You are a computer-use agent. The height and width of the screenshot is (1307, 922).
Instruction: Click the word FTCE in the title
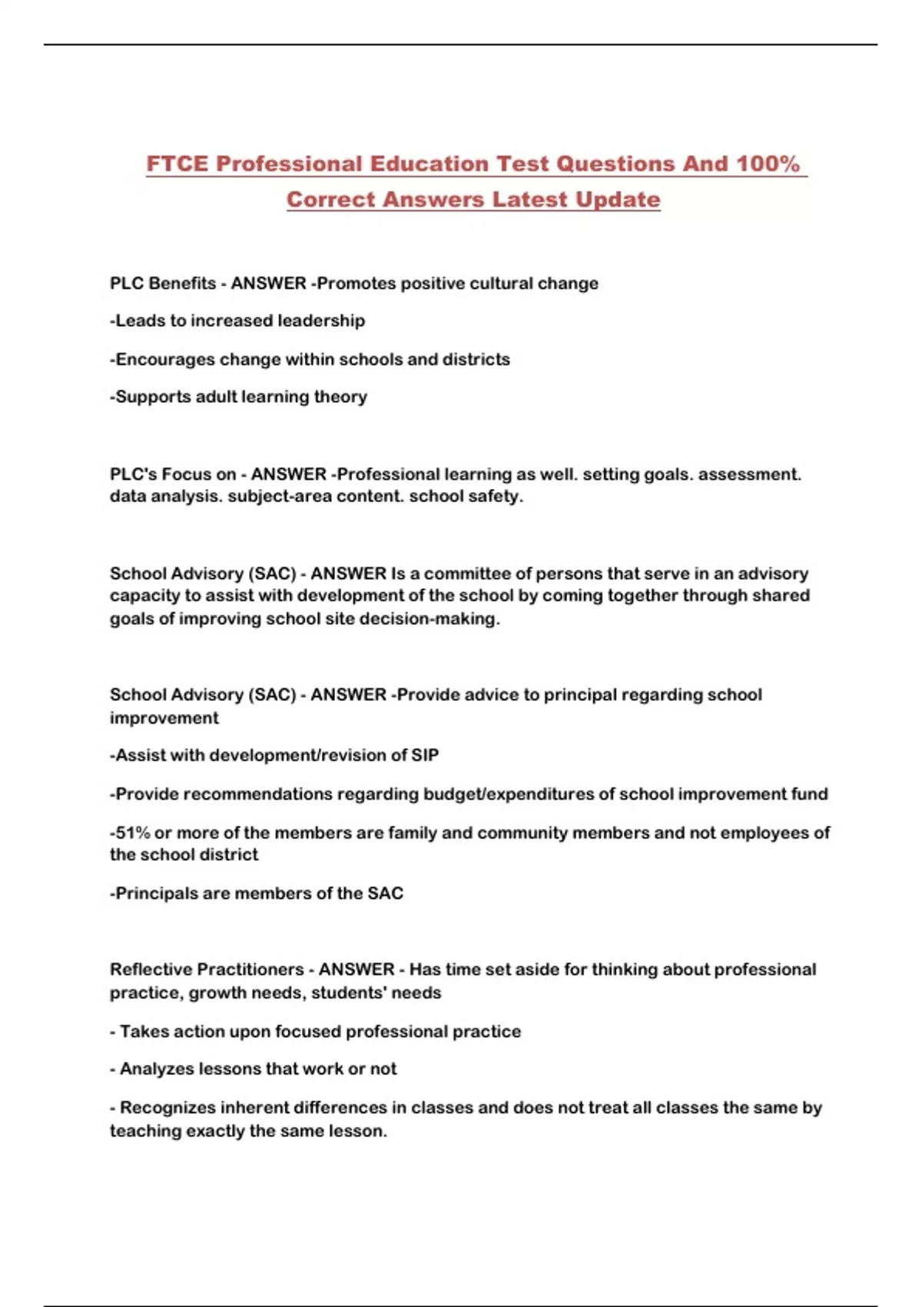coord(177,164)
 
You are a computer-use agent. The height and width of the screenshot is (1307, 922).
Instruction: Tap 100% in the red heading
coord(768,164)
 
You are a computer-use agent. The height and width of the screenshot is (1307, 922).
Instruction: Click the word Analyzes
coord(157,1069)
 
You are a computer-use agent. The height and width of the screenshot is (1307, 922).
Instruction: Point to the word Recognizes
coord(167,1108)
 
